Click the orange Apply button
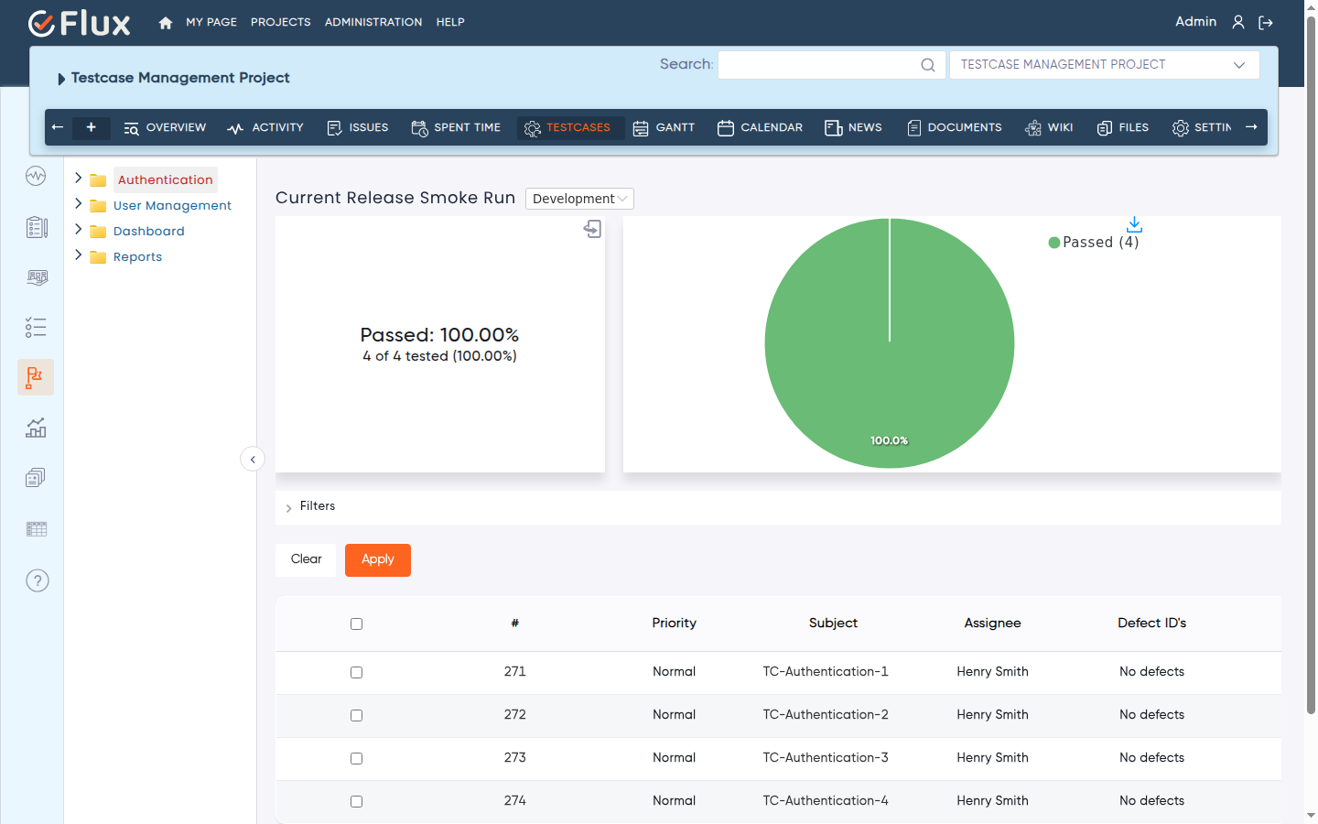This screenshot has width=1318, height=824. tap(378, 559)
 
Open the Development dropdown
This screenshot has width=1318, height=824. tap(579, 199)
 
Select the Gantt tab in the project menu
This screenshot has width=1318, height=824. tap(664, 128)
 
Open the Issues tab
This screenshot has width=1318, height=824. tap(358, 128)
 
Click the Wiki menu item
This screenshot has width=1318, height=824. tap(1049, 128)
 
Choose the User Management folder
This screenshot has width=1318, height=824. tap(172, 205)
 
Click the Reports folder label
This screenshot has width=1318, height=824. tap(137, 256)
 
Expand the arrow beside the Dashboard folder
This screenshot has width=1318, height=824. tap(79, 230)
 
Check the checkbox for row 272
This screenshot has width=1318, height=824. tap(357, 715)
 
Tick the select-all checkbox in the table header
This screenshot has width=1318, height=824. tap(357, 623)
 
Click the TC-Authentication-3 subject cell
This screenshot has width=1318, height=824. tap(826, 757)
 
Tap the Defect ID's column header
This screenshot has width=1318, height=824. tap(1151, 623)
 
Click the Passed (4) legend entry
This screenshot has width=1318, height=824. tap(1094, 243)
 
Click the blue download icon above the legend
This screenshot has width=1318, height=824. tap(1134, 224)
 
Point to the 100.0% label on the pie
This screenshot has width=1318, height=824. tap(889, 440)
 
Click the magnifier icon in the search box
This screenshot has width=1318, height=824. tap(928, 65)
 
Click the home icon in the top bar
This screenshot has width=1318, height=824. tap(166, 22)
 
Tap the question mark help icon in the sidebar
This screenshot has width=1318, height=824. tap(37, 580)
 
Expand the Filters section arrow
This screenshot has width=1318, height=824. tap(288, 507)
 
